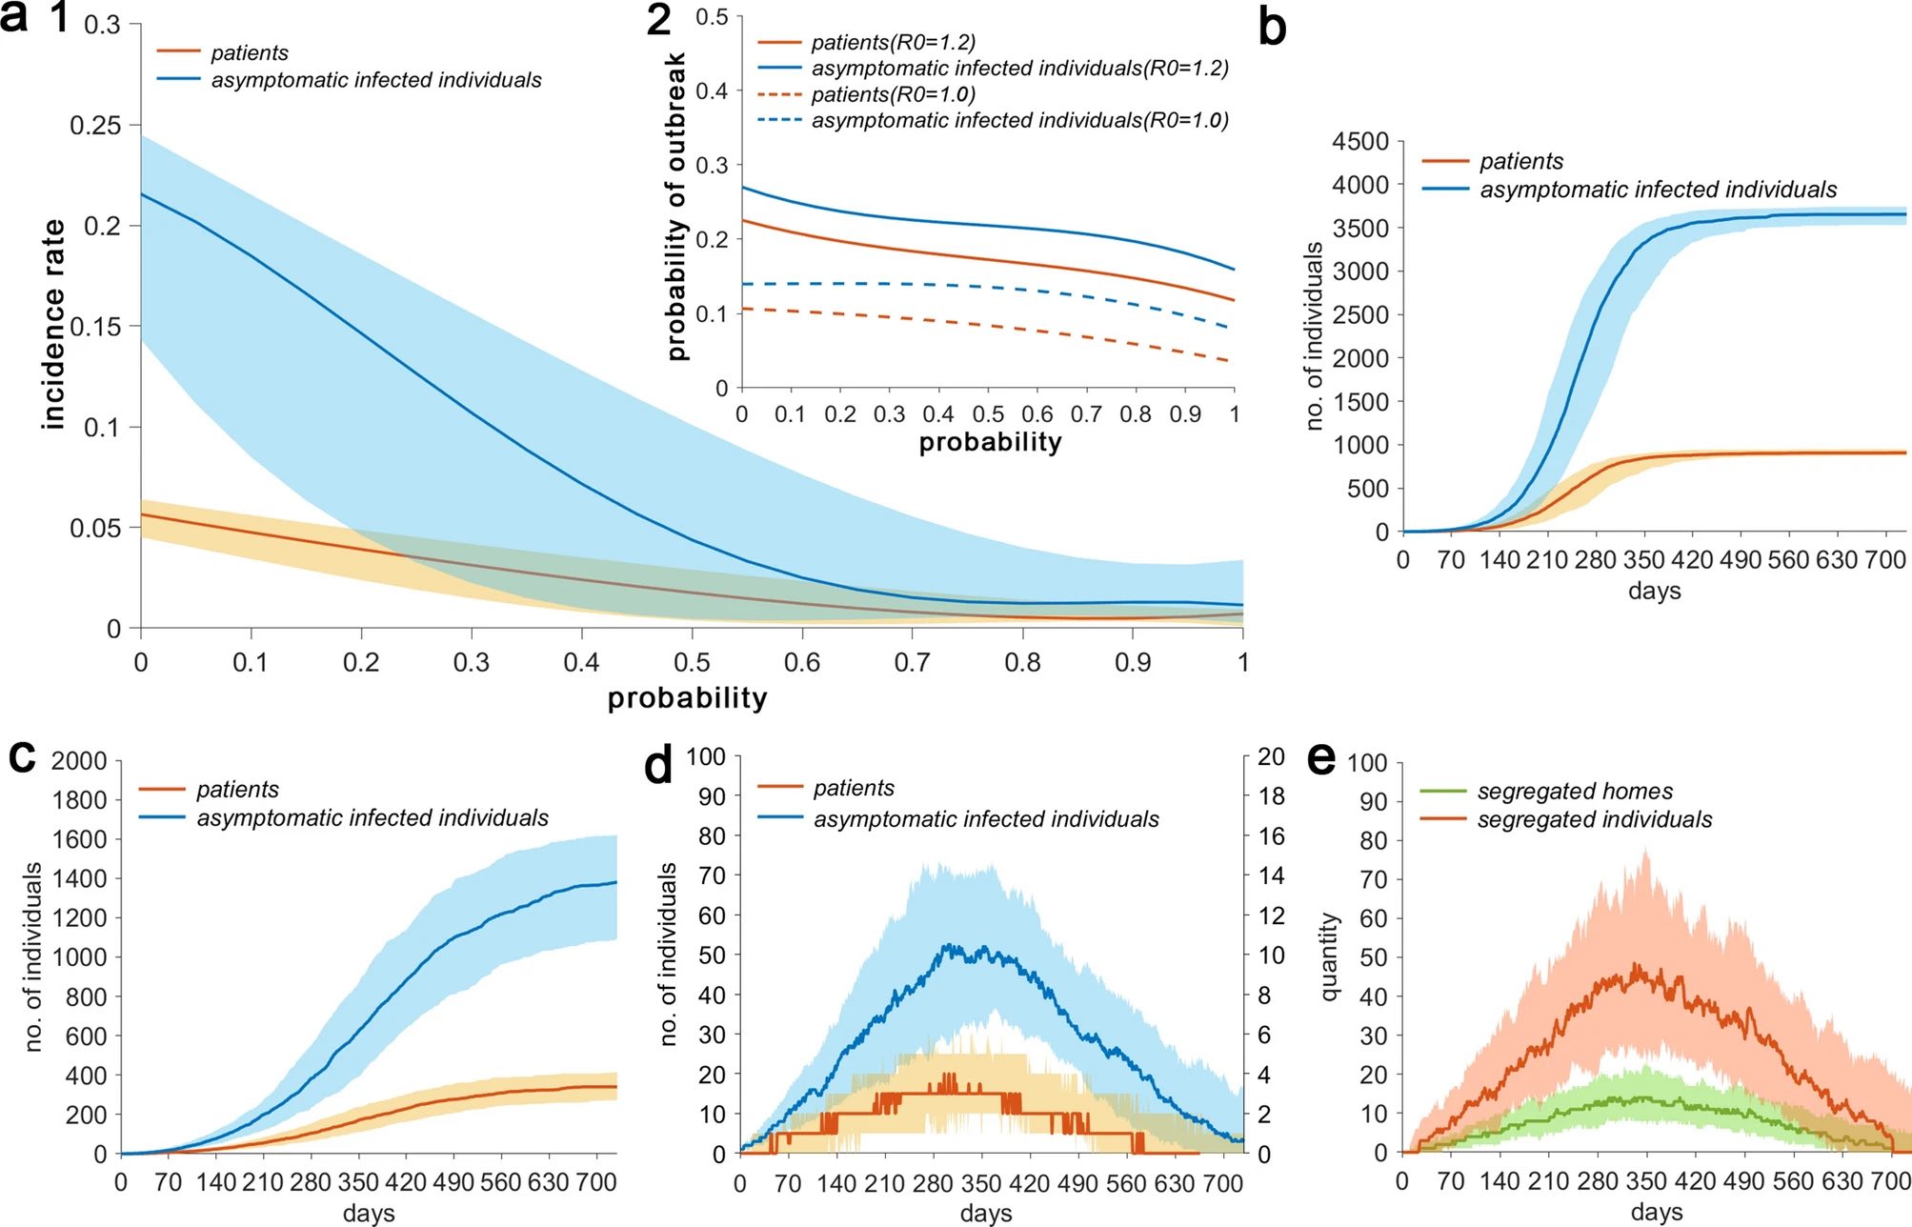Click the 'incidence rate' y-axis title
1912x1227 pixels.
point(53,325)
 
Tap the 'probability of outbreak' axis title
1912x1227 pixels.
point(676,206)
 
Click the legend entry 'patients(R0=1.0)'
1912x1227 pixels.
point(893,94)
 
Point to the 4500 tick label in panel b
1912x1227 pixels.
point(1360,142)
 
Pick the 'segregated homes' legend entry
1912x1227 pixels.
point(1574,791)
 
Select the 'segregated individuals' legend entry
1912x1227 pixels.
point(1594,819)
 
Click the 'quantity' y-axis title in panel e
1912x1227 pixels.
point(1329,957)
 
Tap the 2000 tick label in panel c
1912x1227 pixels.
point(79,761)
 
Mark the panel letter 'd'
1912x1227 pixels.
point(658,765)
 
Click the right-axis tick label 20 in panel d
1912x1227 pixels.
point(1271,757)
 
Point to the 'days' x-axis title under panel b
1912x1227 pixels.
point(1654,591)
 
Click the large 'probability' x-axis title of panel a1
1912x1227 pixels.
point(687,698)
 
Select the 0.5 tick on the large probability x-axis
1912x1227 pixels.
point(692,662)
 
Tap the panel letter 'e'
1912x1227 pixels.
point(1321,759)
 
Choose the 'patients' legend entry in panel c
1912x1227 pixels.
point(237,789)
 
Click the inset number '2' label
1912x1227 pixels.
point(658,21)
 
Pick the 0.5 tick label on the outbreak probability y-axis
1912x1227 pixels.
point(712,17)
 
